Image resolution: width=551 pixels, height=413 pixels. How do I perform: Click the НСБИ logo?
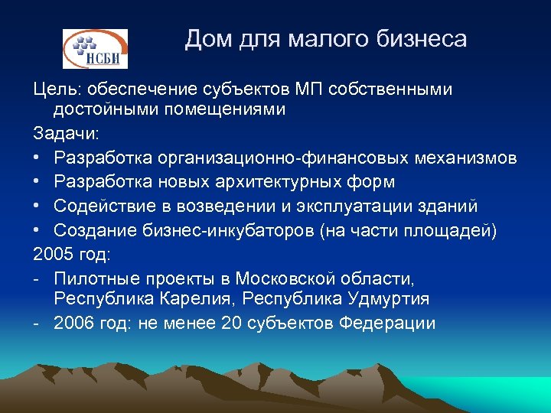[95, 49]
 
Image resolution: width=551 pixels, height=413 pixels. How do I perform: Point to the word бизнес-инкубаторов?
[226, 231]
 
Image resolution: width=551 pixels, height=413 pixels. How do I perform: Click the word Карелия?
[201, 298]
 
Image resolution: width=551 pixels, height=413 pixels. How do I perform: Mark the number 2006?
[74, 323]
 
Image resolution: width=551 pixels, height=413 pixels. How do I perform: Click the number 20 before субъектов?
[230, 323]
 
